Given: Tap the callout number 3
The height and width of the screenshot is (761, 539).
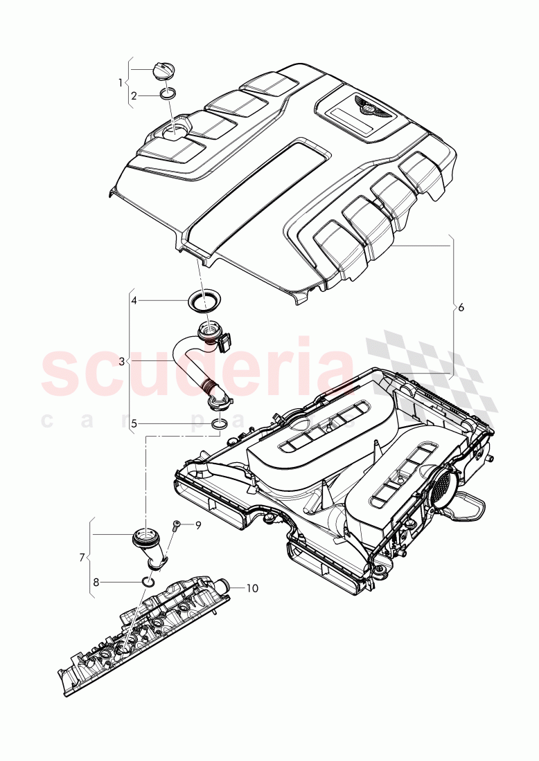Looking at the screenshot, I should coord(121,362).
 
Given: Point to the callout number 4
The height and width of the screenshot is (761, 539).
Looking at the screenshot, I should coord(134,301).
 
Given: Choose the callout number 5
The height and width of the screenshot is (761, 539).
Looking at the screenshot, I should coord(134,423).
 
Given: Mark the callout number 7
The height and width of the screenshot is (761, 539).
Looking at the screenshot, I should coord(82,557).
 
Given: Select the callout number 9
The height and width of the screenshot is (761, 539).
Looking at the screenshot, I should coord(197,526).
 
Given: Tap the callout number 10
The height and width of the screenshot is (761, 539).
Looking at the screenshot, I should coord(252,589).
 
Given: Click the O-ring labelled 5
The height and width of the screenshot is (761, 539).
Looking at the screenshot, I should coord(219,423).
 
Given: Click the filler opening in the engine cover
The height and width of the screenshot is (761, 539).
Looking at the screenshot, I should coord(179,131).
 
